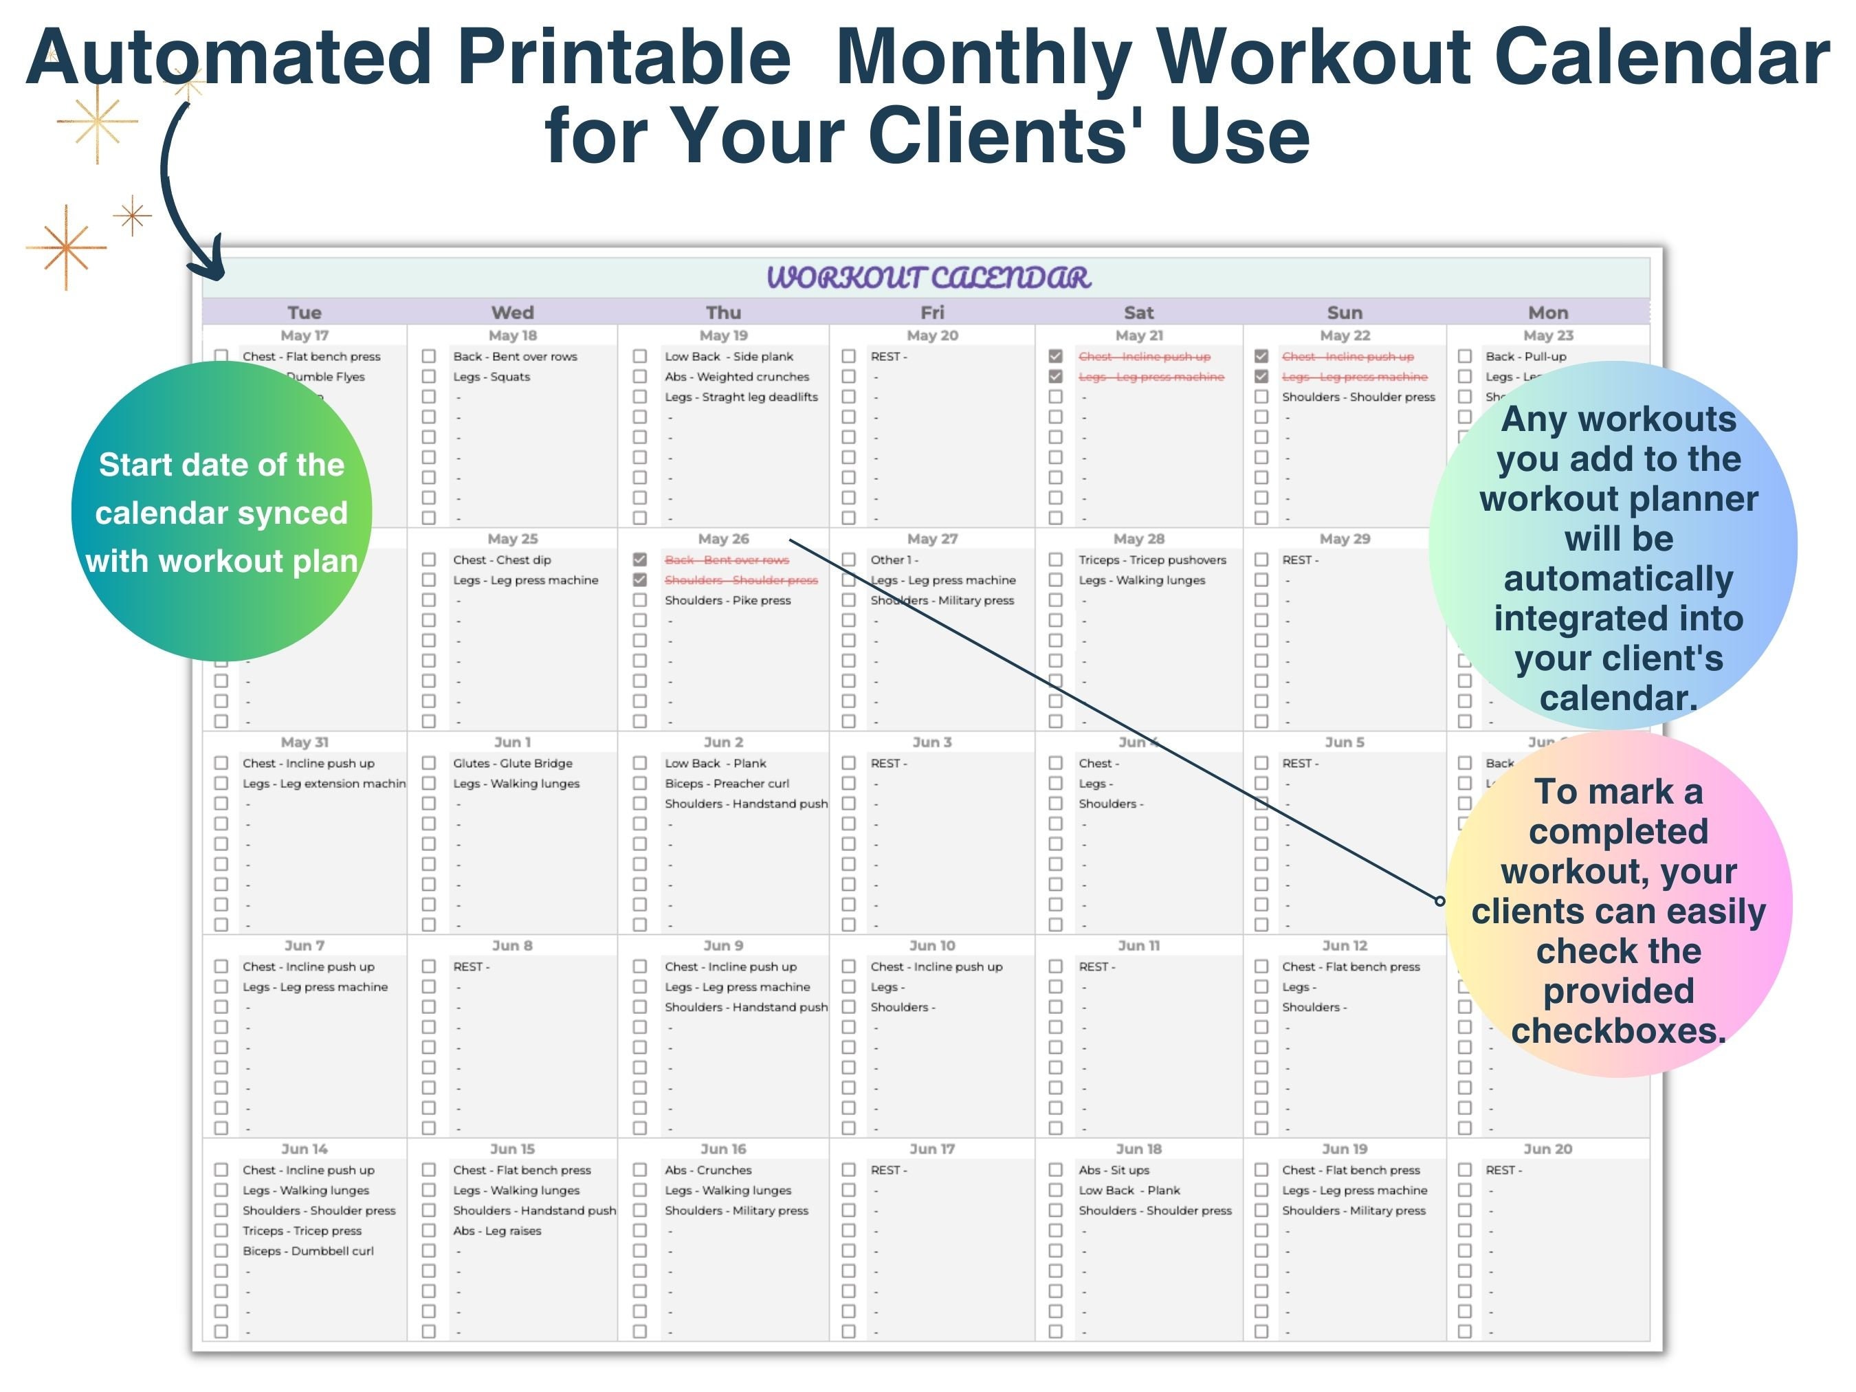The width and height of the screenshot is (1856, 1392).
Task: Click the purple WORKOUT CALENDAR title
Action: click(928, 278)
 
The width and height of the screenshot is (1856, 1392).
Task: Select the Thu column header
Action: click(723, 313)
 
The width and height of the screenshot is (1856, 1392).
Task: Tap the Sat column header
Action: click(1138, 313)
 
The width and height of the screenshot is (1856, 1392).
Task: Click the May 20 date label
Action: click(932, 335)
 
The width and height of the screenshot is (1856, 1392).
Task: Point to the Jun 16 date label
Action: click(723, 1149)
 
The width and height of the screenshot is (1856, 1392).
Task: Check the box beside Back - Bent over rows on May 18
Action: click(429, 357)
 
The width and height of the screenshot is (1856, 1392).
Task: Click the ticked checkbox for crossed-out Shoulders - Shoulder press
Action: click(640, 579)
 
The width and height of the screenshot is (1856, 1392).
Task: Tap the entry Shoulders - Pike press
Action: click(727, 601)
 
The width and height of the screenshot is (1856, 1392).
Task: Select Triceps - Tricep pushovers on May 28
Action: click(1152, 560)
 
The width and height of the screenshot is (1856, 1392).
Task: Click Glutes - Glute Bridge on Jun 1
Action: click(513, 764)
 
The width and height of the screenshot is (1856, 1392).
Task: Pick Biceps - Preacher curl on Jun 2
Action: click(727, 784)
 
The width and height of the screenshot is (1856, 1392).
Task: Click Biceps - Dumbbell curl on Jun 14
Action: click(308, 1251)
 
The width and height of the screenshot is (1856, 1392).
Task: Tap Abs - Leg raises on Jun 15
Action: click(497, 1231)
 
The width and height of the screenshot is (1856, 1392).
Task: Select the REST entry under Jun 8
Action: click(471, 967)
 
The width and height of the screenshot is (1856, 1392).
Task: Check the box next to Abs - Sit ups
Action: click(1056, 1171)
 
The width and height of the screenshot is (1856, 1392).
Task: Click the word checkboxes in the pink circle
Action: click(1619, 1030)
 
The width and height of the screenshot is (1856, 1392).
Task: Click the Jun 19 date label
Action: click(1344, 1149)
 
